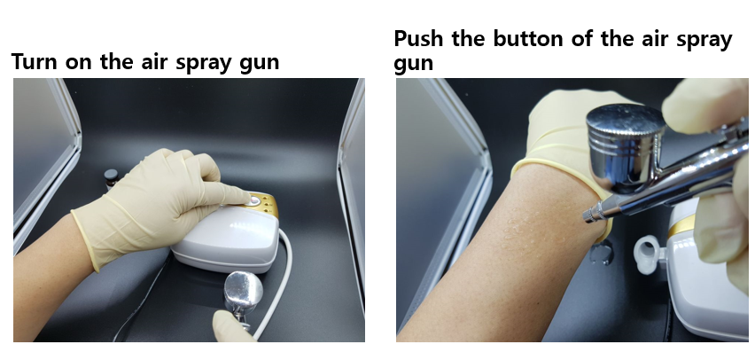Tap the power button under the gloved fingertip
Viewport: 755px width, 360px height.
(x=253, y=200)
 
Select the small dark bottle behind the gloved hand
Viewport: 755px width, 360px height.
(x=111, y=178)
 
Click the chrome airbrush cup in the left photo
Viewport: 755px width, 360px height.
(x=243, y=289)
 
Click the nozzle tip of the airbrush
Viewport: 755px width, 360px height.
(x=588, y=215)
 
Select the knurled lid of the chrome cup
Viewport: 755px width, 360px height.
(x=626, y=122)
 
